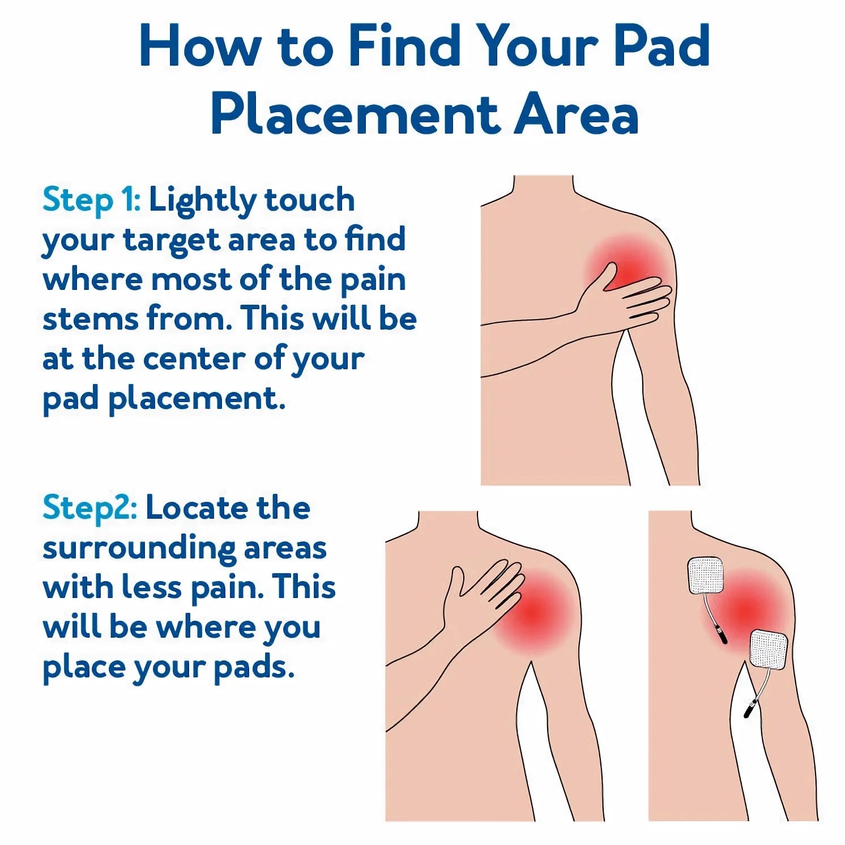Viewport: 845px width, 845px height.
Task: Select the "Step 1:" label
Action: click(92, 201)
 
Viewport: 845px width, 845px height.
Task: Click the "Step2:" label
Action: click(89, 508)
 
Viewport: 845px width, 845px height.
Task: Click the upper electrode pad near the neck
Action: click(706, 576)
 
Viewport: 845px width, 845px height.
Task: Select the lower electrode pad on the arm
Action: click(769, 650)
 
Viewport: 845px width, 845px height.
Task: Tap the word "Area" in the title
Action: click(576, 115)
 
